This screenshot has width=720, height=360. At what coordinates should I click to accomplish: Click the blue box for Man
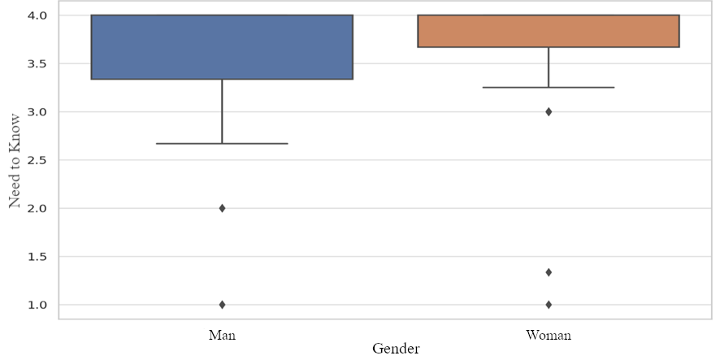click(222, 47)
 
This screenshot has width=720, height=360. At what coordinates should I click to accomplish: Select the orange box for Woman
click(549, 31)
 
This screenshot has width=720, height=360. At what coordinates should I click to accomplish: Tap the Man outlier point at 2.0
click(222, 208)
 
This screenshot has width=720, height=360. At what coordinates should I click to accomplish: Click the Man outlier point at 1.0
click(222, 305)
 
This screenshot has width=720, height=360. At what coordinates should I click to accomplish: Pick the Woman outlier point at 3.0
click(549, 111)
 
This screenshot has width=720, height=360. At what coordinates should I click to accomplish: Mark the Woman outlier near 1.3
click(549, 272)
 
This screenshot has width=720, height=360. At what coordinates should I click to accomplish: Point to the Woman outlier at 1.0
click(549, 305)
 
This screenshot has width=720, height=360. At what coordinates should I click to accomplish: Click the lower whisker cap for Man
click(222, 143)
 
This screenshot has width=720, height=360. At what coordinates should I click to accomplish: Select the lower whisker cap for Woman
click(549, 87)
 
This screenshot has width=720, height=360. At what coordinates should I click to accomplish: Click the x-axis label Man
click(222, 335)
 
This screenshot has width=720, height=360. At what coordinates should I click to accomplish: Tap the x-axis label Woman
click(549, 335)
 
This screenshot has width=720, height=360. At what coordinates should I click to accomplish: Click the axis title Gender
click(396, 349)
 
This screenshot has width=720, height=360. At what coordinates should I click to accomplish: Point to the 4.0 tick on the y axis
click(36, 15)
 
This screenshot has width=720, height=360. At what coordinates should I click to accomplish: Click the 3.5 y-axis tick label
click(36, 63)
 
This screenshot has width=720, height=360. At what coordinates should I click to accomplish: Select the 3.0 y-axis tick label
click(36, 112)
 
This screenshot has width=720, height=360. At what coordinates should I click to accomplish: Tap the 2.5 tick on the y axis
click(36, 160)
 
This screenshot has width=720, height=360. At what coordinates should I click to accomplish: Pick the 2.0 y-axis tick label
click(36, 209)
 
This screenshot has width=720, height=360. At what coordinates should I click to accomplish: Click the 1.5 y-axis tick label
click(36, 257)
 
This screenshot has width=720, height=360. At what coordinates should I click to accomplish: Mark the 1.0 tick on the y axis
click(36, 306)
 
